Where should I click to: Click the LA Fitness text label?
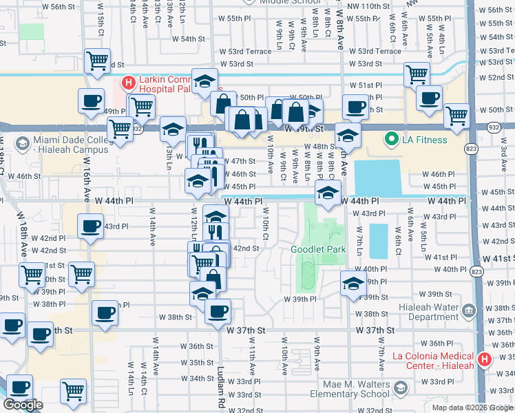coord(425,140)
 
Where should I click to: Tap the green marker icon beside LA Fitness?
coord(392,140)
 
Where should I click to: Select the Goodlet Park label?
coord(317,249)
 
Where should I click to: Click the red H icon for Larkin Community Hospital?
coord(127,84)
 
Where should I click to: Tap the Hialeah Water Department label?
coord(424,312)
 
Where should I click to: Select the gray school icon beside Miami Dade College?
coord(22,143)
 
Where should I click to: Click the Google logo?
coord(23,404)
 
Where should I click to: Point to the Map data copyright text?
coord(472,407)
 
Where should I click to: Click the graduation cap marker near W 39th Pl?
coord(353,284)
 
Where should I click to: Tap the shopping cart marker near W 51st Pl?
coord(416,74)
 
